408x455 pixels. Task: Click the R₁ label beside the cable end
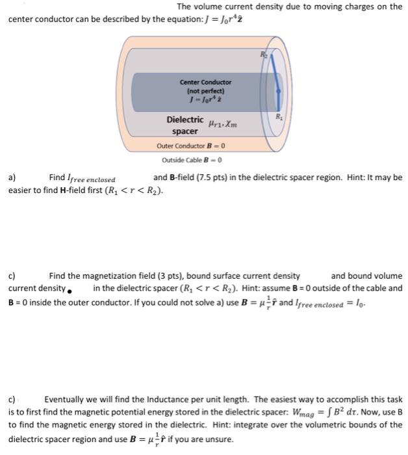(x=279, y=117)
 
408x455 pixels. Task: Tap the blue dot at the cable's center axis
(x=278, y=92)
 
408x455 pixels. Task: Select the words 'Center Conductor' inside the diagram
(x=205, y=83)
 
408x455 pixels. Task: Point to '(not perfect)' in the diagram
(x=205, y=91)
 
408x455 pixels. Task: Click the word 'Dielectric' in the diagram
(x=185, y=120)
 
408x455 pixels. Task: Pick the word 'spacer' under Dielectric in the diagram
(x=185, y=131)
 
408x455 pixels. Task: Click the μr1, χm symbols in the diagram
(x=222, y=122)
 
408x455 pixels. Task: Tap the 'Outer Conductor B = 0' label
(x=192, y=146)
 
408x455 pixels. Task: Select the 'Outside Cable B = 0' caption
(x=192, y=160)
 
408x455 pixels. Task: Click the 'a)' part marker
(x=12, y=177)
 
